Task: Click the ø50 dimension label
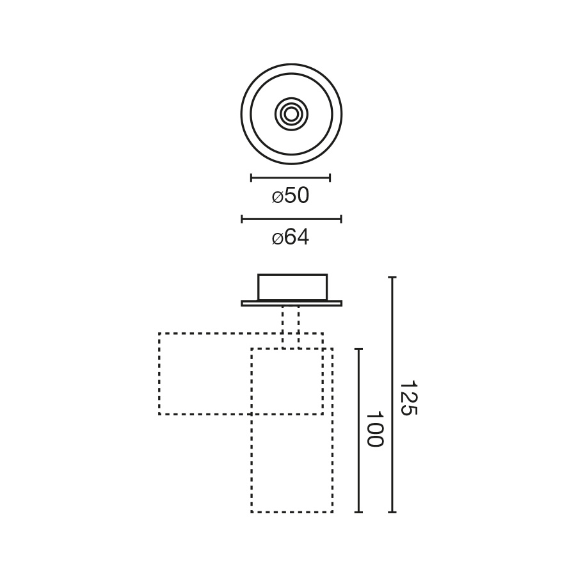click(291, 195)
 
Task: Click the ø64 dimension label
click(291, 237)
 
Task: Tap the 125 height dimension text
click(408, 398)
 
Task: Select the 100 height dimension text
click(375, 429)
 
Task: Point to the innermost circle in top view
click(291, 115)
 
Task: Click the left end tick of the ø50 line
click(251, 178)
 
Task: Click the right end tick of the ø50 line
click(330, 178)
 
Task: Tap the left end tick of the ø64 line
click(242, 220)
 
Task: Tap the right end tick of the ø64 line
click(341, 220)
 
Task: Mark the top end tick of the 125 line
click(392, 277)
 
